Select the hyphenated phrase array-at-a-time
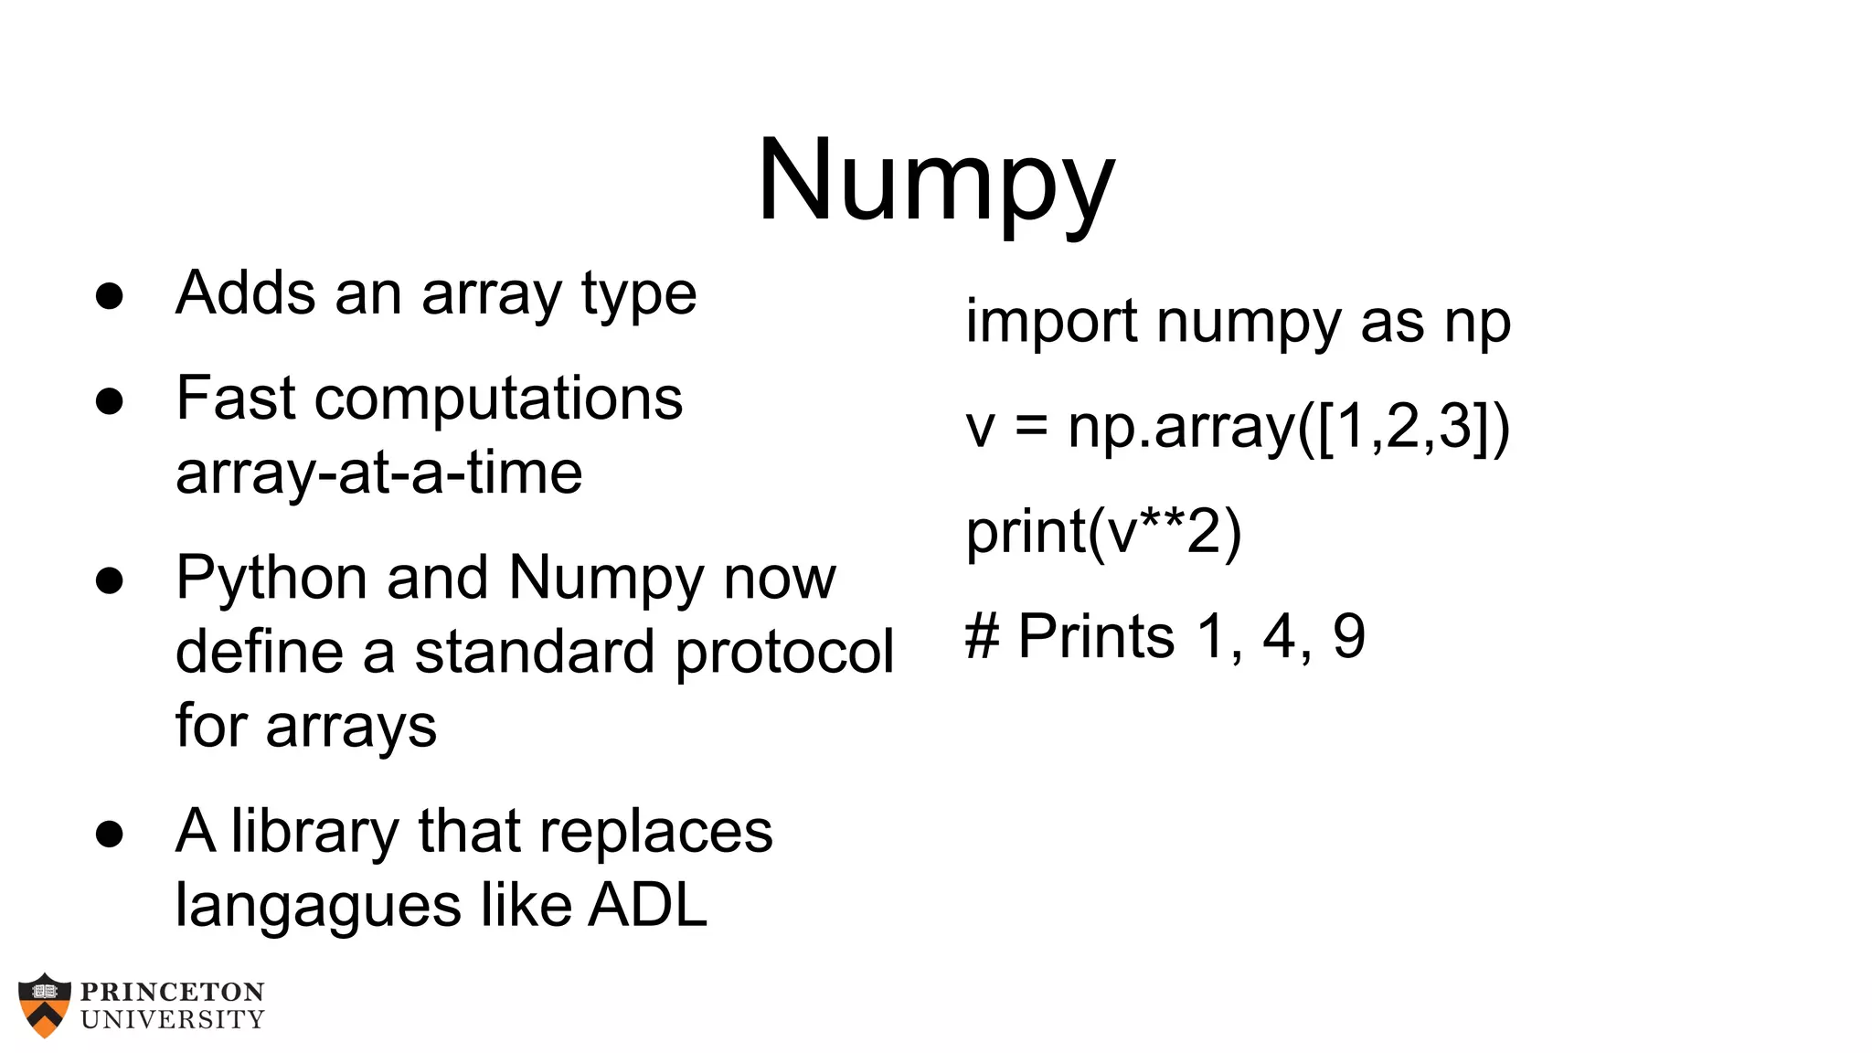click(x=378, y=473)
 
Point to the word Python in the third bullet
click(x=271, y=579)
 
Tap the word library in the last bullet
click(x=314, y=832)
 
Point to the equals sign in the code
click(x=1031, y=428)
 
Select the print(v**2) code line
click(x=1103, y=532)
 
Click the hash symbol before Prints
click(x=983, y=636)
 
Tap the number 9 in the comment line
click(x=1348, y=636)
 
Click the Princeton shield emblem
click(x=44, y=1005)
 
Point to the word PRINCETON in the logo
click(x=173, y=993)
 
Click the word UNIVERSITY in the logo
click(x=173, y=1019)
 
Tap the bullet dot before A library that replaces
click(x=110, y=834)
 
